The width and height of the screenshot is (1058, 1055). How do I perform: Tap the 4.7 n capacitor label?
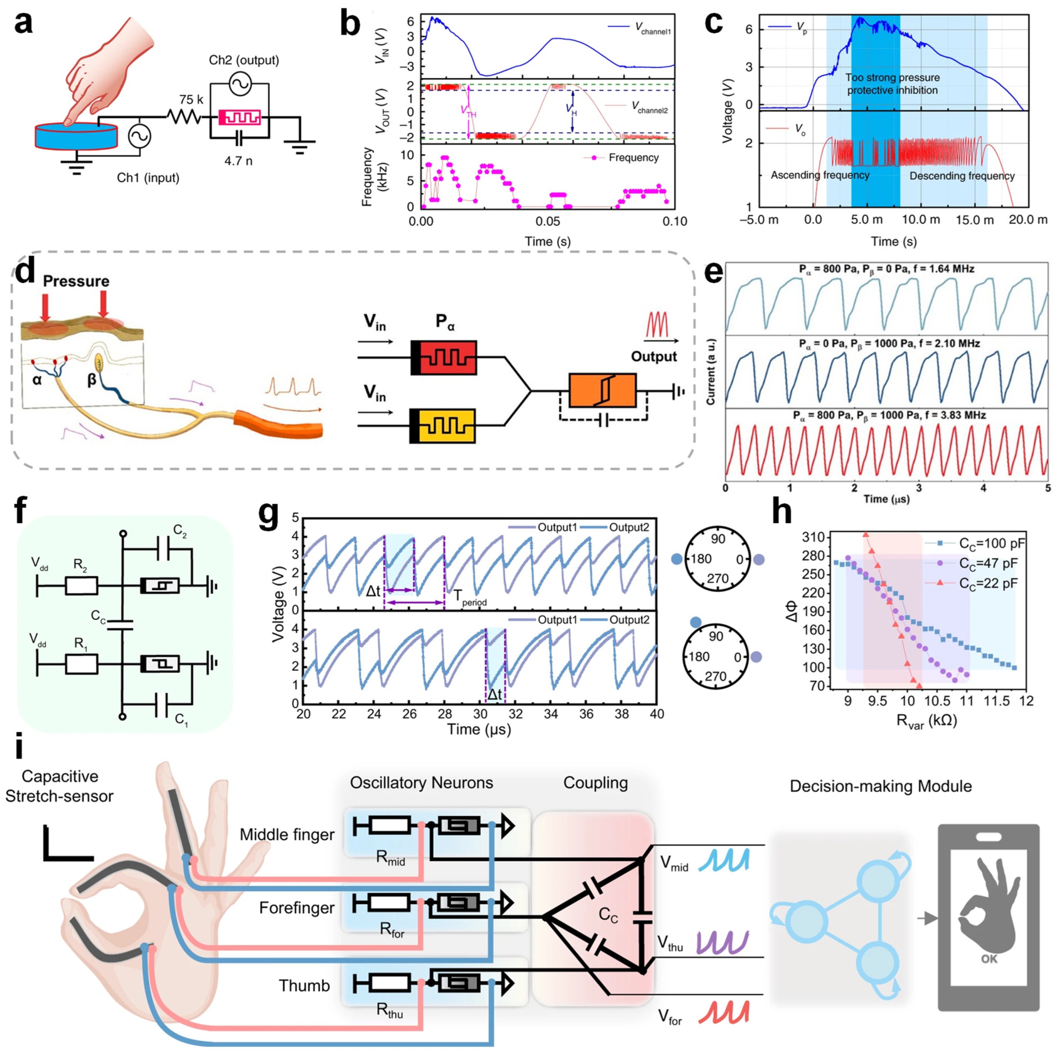[x=238, y=160]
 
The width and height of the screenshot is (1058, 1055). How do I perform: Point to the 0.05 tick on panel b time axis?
[x=547, y=221]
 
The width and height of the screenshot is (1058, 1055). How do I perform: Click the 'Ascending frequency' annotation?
[x=820, y=175]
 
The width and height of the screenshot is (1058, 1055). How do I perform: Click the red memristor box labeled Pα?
[x=444, y=358]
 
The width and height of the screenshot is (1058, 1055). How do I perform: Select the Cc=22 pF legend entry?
[x=987, y=583]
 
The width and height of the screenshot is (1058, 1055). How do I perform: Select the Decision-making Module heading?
[x=881, y=786]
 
